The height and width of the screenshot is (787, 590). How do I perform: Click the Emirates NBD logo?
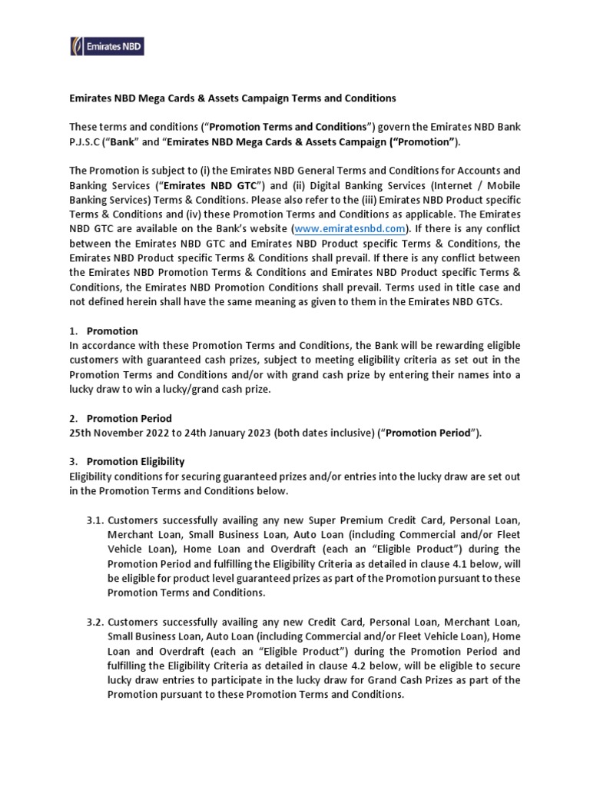pos(108,47)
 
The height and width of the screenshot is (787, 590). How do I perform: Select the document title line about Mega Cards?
pos(232,98)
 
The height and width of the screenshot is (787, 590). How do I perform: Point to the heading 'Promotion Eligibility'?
pos(135,461)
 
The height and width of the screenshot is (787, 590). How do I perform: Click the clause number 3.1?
pos(95,520)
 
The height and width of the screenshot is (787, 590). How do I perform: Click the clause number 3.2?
pos(95,621)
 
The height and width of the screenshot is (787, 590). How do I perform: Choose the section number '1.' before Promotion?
pos(73,330)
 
